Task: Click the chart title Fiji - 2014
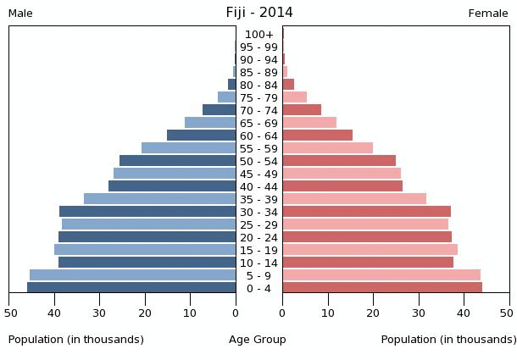(x=258, y=12)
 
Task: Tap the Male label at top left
(x=20, y=14)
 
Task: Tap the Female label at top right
(x=488, y=14)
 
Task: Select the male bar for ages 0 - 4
(x=131, y=288)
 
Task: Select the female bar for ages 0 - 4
(x=382, y=288)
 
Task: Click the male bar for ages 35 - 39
(x=159, y=199)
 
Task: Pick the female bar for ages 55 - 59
(x=328, y=148)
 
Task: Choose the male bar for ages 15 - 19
(x=145, y=250)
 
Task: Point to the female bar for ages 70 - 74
(x=302, y=110)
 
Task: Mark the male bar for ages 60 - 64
(x=201, y=136)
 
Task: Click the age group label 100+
(x=258, y=35)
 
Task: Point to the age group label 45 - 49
(x=258, y=174)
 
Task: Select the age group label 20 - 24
(x=258, y=237)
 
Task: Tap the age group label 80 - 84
(x=258, y=85)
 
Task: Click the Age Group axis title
(x=258, y=340)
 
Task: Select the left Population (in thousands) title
(x=76, y=340)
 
